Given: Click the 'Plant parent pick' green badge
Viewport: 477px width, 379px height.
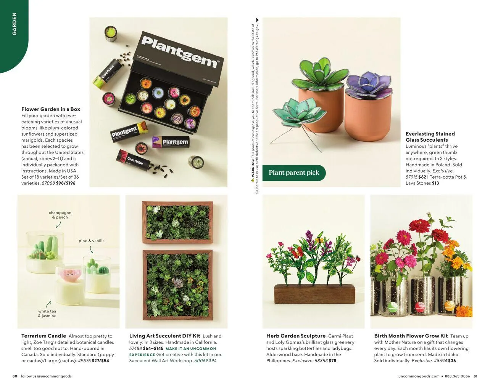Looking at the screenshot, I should (294, 173).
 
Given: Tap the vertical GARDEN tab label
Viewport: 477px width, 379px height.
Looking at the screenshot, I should (15, 24).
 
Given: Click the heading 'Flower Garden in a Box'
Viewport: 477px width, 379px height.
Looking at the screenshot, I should (51, 109).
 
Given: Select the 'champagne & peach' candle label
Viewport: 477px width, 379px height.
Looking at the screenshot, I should (60, 215).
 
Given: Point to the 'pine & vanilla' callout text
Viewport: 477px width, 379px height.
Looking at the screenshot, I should (92, 241).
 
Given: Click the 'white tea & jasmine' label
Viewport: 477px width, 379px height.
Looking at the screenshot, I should (47, 313).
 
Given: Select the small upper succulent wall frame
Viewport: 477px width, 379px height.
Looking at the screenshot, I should (177, 222).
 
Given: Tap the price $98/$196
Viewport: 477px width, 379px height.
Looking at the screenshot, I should (66, 183).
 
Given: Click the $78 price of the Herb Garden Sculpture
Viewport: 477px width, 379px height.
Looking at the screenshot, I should (332, 361).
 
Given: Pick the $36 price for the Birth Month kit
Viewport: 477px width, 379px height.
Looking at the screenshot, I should (452, 361).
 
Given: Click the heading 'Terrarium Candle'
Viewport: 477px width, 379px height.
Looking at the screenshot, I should (44, 336).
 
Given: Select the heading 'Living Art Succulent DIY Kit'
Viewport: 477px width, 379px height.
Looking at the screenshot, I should (164, 336).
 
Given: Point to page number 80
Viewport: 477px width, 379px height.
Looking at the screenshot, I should (15, 376).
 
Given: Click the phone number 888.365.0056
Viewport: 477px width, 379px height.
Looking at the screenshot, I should (457, 376).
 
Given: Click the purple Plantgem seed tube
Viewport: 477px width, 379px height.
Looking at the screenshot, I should (171, 142).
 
